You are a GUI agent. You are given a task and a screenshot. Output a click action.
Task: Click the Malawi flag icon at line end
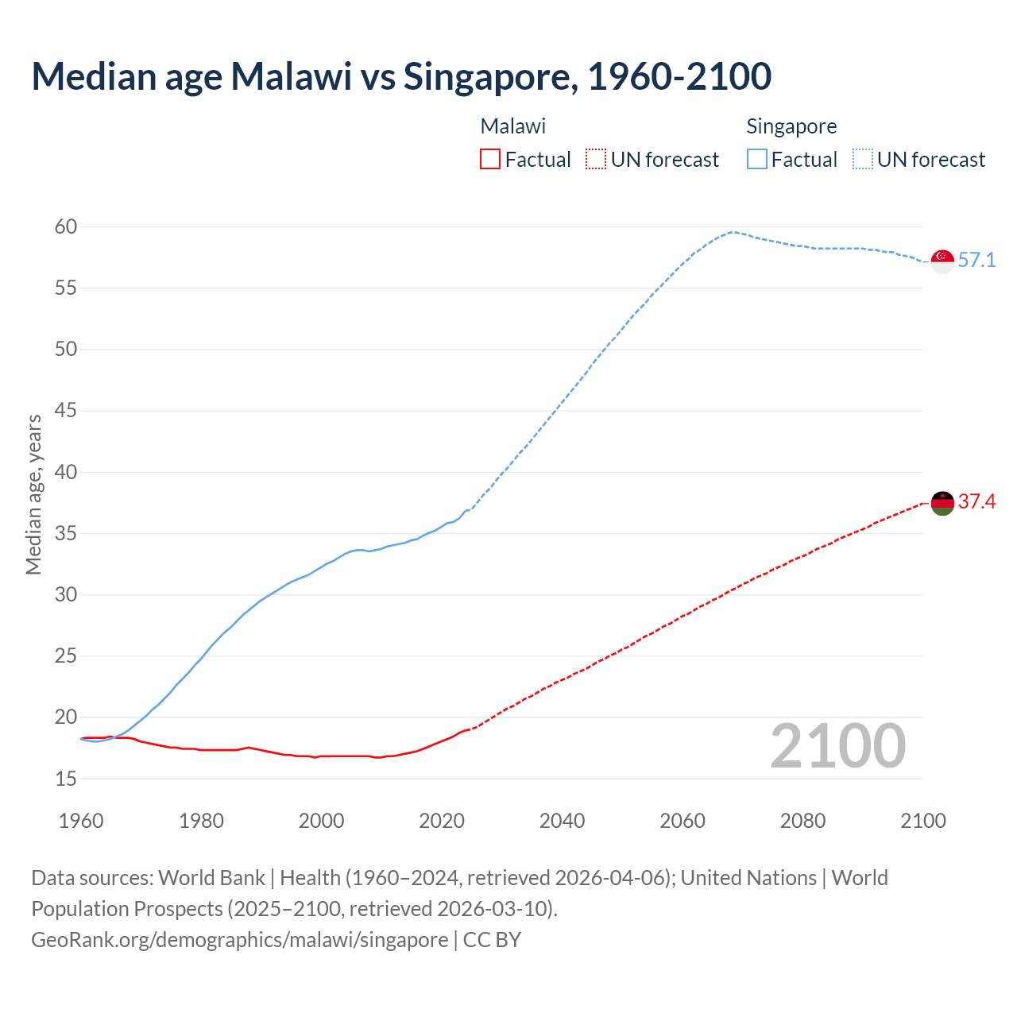(942, 503)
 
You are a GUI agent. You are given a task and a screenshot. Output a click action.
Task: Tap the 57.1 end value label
(976, 261)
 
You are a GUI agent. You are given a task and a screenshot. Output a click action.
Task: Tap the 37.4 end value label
(976, 501)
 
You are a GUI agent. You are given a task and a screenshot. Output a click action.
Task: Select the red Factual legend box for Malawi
(490, 160)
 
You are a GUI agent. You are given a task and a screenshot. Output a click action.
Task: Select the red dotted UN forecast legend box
(596, 160)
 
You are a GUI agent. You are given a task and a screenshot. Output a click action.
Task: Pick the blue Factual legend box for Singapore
(757, 160)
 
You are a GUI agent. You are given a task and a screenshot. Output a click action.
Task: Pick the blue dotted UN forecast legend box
(863, 160)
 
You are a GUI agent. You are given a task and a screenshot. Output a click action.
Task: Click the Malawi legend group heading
(513, 126)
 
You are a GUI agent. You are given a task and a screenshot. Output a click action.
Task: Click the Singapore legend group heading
(791, 126)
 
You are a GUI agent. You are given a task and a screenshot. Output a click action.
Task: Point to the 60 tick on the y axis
(66, 227)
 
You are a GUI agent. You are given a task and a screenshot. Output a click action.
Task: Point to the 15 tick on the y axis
(66, 779)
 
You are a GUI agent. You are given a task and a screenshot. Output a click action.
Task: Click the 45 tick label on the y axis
(66, 411)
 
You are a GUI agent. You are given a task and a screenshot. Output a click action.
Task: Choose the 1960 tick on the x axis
(81, 821)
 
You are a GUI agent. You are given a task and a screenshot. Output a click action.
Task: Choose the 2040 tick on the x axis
(562, 821)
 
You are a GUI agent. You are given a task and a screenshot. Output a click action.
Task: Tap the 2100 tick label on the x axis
(923, 821)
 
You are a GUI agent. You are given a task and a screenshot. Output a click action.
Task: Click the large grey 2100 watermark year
(838, 746)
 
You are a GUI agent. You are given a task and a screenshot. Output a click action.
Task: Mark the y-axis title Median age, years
(33, 494)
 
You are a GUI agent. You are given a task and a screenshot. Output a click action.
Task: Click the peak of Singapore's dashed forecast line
(732, 232)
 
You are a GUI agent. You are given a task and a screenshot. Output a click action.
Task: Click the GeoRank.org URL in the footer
(239, 940)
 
